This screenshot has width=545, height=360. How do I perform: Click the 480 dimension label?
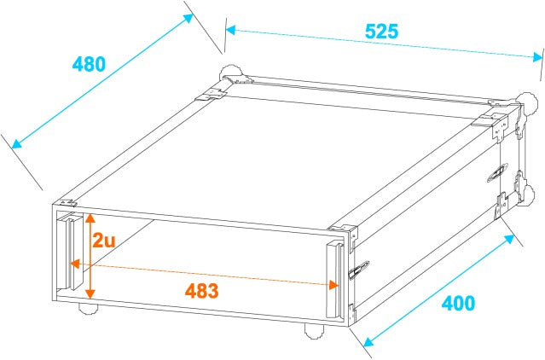pos(89,64)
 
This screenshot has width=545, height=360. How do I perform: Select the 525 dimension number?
pos(381,31)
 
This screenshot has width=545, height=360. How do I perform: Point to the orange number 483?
pos(202,289)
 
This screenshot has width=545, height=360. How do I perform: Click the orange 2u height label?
pos(104,241)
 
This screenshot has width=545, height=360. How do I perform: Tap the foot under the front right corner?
pos(312,331)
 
